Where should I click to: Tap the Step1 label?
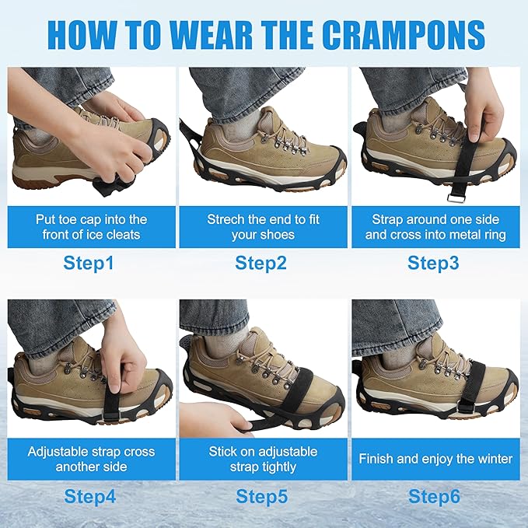[89, 263]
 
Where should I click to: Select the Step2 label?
[261, 263]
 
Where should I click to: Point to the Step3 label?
[433, 263]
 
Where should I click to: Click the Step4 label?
[89, 496]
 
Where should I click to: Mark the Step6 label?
[435, 496]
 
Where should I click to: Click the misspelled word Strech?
[226, 219]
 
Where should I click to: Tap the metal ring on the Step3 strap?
[456, 199]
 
